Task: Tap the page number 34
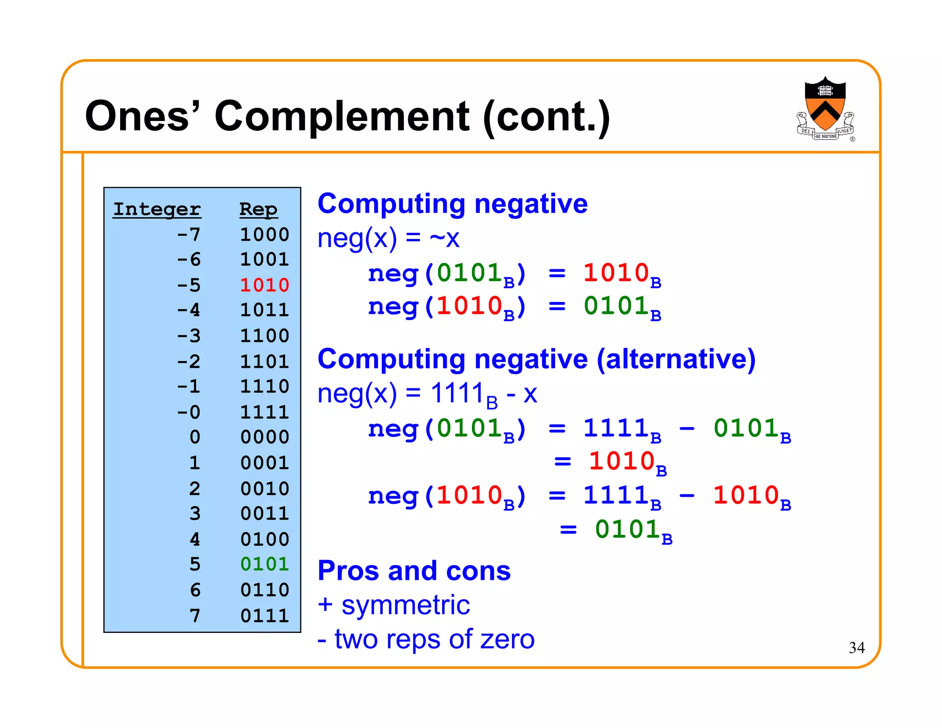tap(856, 647)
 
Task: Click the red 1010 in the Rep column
tap(264, 285)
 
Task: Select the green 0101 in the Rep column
tap(264, 564)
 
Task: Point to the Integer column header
tap(157, 209)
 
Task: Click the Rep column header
tap(258, 209)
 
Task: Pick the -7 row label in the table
tap(189, 235)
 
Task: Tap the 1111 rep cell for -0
tap(264, 412)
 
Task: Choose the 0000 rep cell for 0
tap(264, 437)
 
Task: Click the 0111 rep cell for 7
tap(264, 615)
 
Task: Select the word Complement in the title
tap(342, 116)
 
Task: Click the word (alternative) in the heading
tap(676, 359)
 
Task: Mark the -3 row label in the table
tap(189, 335)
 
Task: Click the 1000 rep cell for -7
tap(264, 235)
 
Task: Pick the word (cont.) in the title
tap(546, 117)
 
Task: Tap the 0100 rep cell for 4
tap(264, 539)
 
